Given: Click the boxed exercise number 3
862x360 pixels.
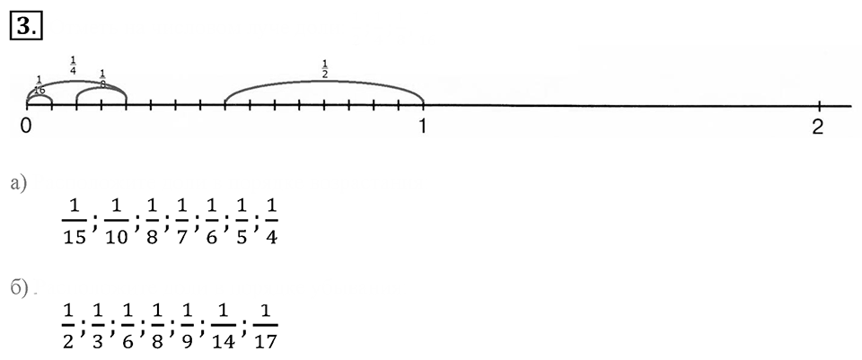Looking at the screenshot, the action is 26,26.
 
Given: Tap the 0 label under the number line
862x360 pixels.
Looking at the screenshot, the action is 25,127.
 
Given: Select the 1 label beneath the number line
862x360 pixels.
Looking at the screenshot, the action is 423,127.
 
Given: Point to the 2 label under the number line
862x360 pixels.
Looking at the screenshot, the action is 819,127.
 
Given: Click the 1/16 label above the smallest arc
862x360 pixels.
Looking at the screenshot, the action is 39,85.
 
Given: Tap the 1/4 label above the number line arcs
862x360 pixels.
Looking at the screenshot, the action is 73,65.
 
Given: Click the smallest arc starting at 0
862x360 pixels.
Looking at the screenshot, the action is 40,95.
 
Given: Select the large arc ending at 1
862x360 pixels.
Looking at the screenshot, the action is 324,82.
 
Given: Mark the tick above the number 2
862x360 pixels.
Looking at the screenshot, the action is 819,105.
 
